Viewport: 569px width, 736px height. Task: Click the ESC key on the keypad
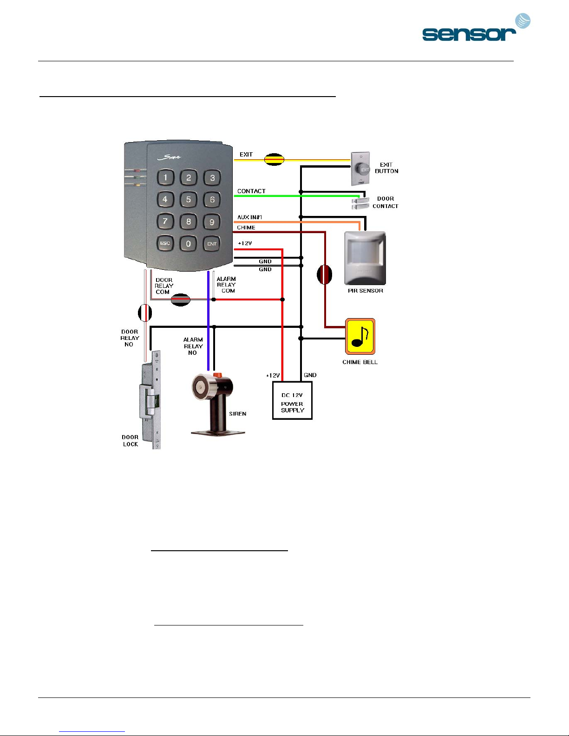click(x=165, y=243)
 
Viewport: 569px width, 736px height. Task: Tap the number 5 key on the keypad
click(x=188, y=200)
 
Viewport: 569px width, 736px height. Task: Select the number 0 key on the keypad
click(x=188, y=243)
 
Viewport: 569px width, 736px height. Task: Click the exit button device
click(x=360, y=169)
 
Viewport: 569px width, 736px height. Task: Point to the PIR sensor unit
click(x=365, y=258)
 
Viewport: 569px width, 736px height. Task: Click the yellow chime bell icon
click(x=360, y=336)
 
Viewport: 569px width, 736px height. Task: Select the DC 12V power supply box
click(x=292, y=400)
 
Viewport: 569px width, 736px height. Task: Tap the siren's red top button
click(x=217, y=375)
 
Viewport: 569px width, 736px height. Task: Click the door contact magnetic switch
click(x=360, y=203)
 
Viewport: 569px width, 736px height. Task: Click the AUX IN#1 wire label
click(x=249, y=217)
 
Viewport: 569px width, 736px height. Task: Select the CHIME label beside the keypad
click(x=246, y=228)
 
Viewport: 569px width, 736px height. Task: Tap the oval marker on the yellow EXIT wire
click(x=274, y=159)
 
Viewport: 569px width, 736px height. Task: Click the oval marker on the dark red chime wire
click(x=325, y=274)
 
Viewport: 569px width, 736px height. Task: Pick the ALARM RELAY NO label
click(x=193, y=346)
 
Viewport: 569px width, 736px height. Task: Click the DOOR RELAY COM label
click(x=164, y=286)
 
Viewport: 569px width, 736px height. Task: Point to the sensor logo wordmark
click(x=469, y=34)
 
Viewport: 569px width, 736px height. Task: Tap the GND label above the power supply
click(x=310, y=375)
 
